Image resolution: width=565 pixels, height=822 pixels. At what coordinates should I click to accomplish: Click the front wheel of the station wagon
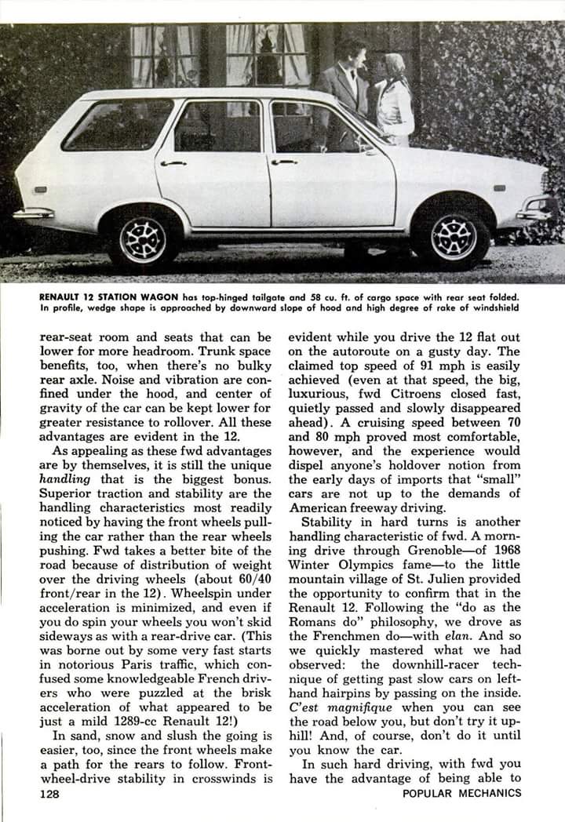pyautogui.click(x=452, y=234)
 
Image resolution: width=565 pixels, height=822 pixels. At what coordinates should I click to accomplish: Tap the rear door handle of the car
pyautogui.click(x=172, y=163)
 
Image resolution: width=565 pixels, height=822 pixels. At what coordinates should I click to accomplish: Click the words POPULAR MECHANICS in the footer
pyautogui.click(x=461, y=794)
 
